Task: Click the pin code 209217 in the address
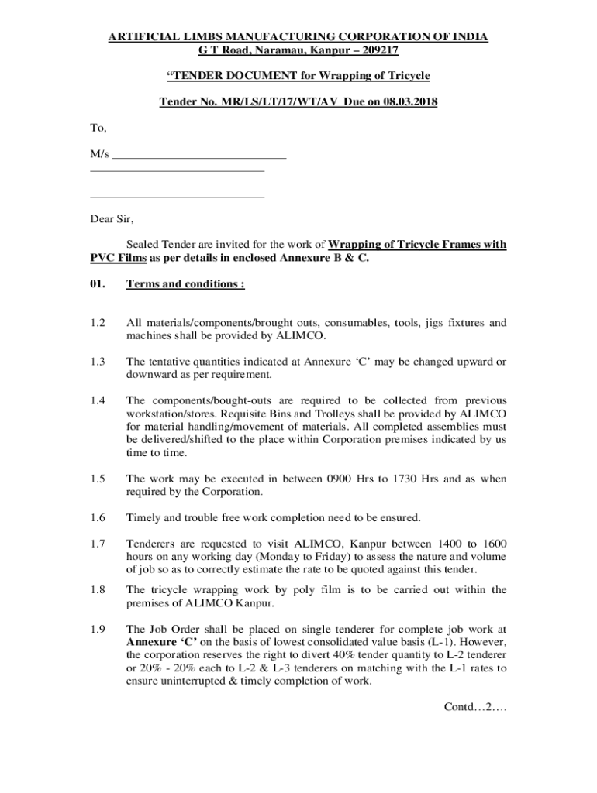tap(376, 50)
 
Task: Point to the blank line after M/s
tap(199, 156)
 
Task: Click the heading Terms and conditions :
tap(185, 284)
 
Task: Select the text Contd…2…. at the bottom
tap(474, 706)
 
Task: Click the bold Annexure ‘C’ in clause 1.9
tap(158, 642)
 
